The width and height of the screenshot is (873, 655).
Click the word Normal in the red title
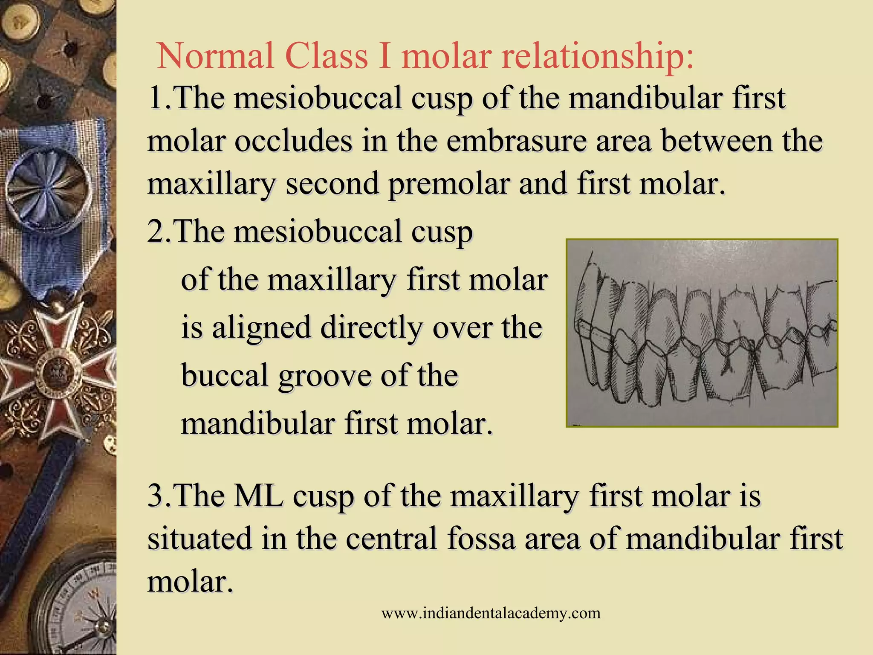[215, 56]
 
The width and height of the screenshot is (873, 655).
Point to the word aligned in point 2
[261, 328]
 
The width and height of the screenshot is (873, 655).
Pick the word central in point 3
[392, 538]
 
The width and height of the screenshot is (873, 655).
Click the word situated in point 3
[199, 538]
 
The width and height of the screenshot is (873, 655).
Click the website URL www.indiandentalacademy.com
[491, 613]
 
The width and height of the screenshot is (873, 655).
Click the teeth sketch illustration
[702, 333]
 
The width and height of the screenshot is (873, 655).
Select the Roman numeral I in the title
[384, 56]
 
